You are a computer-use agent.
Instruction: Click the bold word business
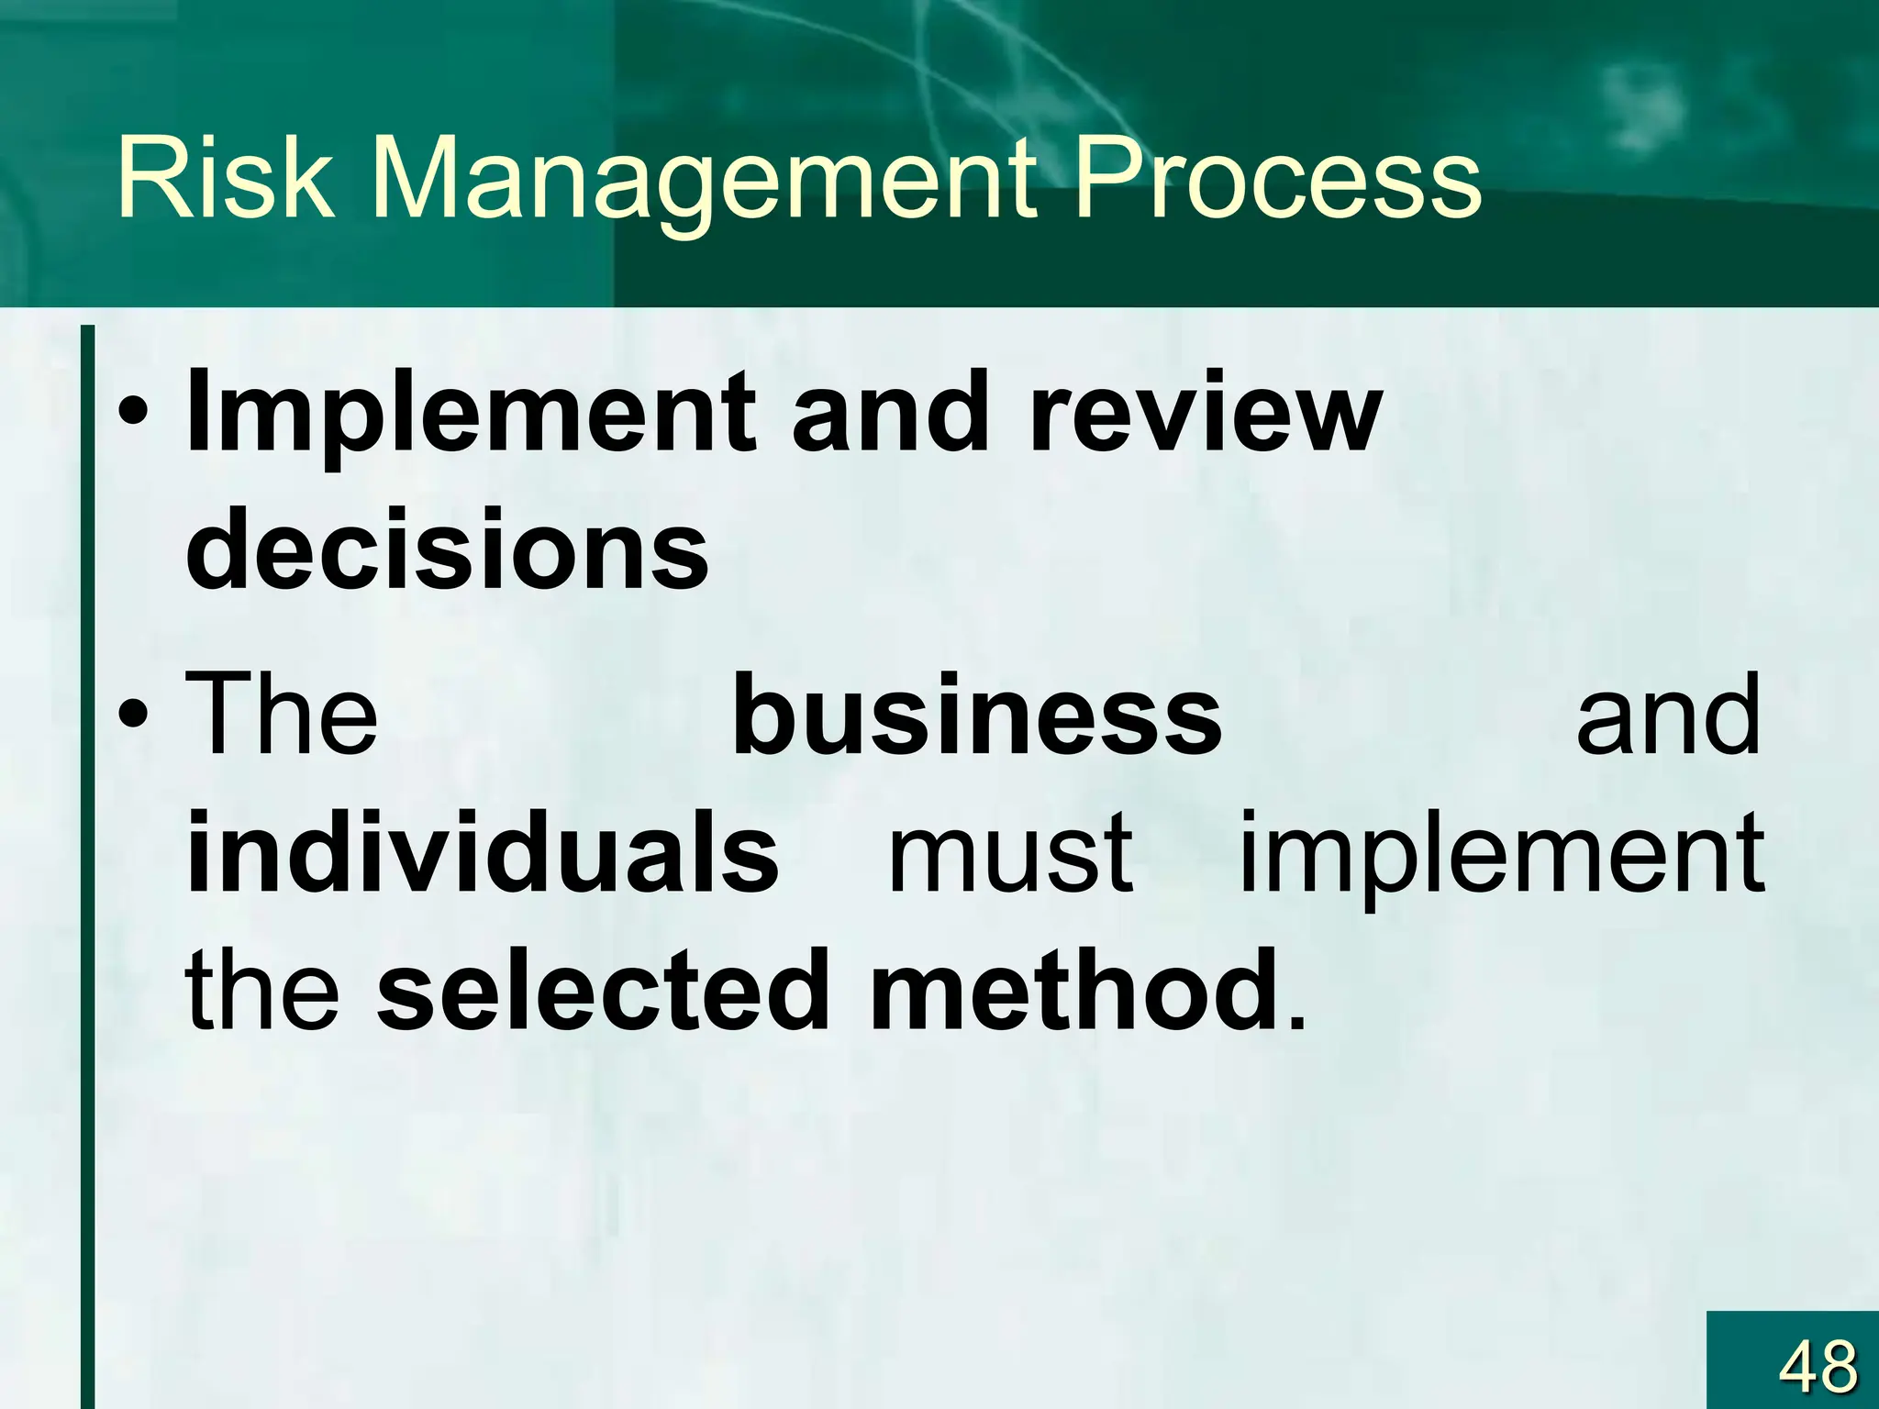click(977, 714)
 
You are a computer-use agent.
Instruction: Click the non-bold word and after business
click(1668, 714)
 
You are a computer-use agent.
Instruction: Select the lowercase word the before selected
click(262, 991)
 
